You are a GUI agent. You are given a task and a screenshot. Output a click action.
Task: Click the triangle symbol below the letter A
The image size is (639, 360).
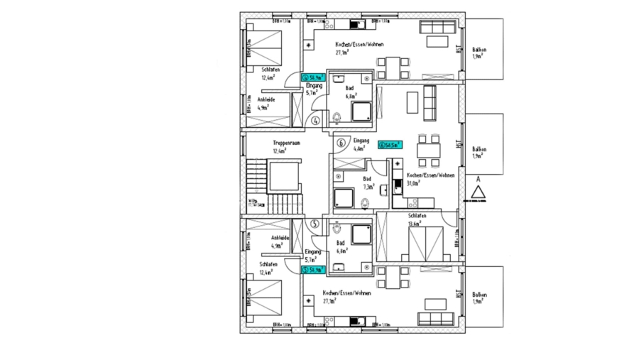click(479, 192)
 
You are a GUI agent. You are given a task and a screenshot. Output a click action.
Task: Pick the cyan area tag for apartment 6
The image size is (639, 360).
click(390, 144)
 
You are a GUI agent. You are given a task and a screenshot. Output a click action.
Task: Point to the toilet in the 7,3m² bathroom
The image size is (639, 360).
click(365, 204)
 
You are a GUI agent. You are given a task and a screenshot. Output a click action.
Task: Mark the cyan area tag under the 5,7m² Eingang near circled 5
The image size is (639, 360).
click(313, 270)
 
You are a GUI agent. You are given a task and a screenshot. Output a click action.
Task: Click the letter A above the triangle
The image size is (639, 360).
click(479, 180)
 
